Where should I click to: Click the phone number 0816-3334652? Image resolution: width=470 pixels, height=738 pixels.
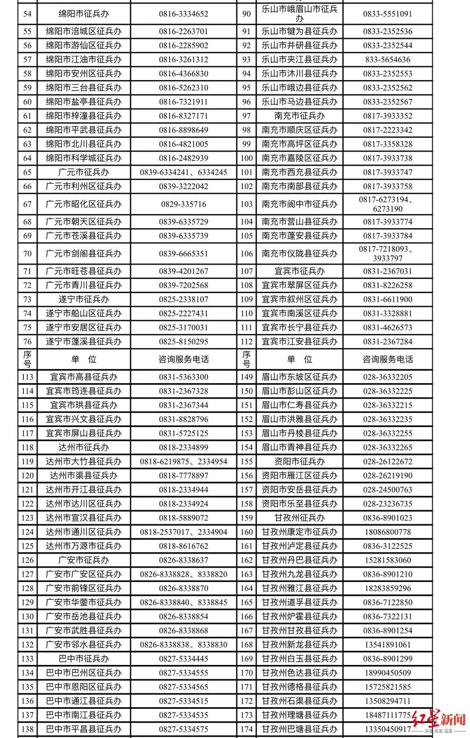coord(183,14)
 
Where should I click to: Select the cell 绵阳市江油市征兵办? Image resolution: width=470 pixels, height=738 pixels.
coord(84,60)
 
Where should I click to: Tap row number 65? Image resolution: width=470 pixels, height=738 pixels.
coord(27,172)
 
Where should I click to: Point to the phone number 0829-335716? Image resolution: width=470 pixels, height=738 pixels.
coord(183,204)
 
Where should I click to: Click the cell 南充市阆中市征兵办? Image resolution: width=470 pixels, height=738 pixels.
coord(299,204)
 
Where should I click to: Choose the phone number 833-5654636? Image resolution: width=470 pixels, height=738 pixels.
coord(387,60)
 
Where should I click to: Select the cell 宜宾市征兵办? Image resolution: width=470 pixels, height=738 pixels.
coord(299,271)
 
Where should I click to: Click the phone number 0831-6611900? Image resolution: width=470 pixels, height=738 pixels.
coord(387,299)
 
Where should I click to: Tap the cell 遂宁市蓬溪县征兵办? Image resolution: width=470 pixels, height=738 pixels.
coord(84,341)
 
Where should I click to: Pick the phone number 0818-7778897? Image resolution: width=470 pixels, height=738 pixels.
coord(183,475)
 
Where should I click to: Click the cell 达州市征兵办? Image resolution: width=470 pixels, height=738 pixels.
coord(84,447)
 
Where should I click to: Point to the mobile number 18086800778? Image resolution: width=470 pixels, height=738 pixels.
coord(387,532)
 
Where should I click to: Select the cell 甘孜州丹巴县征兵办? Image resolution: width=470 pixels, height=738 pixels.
coord(299,560)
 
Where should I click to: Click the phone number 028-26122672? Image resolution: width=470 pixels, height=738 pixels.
coord(387,461)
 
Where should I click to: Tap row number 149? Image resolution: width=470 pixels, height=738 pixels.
coord(246,377)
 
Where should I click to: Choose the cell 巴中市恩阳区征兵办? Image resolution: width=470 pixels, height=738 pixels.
coord(84,687)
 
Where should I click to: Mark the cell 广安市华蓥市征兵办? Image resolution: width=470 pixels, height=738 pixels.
coord(84,602)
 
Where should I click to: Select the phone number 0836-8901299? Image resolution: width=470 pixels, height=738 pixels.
coord(387,659)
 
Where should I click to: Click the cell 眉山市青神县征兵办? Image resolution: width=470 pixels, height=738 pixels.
coord(299,447)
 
